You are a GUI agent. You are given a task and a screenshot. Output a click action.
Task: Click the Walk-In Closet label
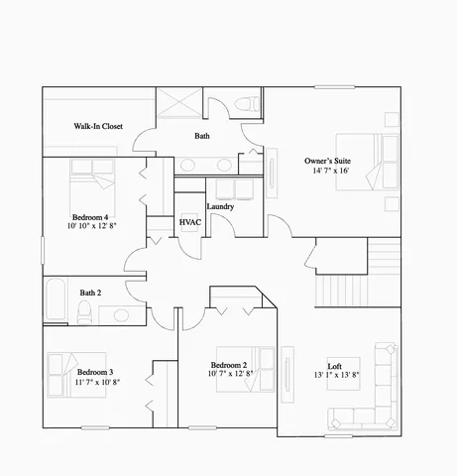(98, 127)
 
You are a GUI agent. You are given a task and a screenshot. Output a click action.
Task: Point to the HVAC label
(190, 223)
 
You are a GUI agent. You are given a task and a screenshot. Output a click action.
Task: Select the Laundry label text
(220, 206)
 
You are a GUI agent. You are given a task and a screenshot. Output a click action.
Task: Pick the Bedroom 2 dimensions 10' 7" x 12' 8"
(231, 374)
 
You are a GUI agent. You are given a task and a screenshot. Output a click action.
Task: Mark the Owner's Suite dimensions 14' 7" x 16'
(329, 172)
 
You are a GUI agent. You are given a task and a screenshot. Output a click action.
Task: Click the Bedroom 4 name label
(90, 216)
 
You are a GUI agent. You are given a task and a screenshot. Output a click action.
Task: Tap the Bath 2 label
(91, 293)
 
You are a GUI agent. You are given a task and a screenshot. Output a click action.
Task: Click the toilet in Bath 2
(86, 314)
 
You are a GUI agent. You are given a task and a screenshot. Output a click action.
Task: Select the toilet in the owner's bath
(248, 103)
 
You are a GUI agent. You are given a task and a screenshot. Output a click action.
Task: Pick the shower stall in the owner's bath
(180, 104)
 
